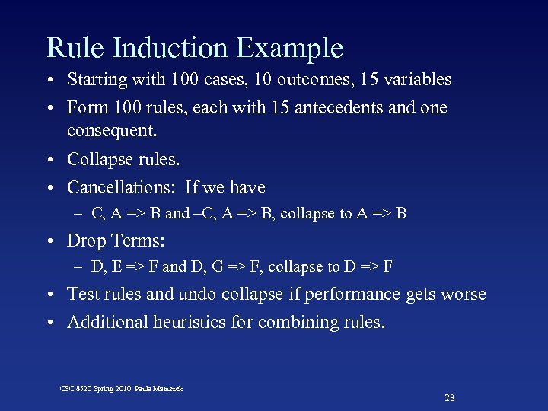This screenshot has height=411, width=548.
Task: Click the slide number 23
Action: coord(449,398)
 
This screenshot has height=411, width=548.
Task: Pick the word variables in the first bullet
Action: coord(417,79)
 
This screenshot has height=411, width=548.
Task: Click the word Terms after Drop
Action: coord(139,241)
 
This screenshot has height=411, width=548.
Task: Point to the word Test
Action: coord(82,294)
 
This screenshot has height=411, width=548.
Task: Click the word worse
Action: coord(463,294)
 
